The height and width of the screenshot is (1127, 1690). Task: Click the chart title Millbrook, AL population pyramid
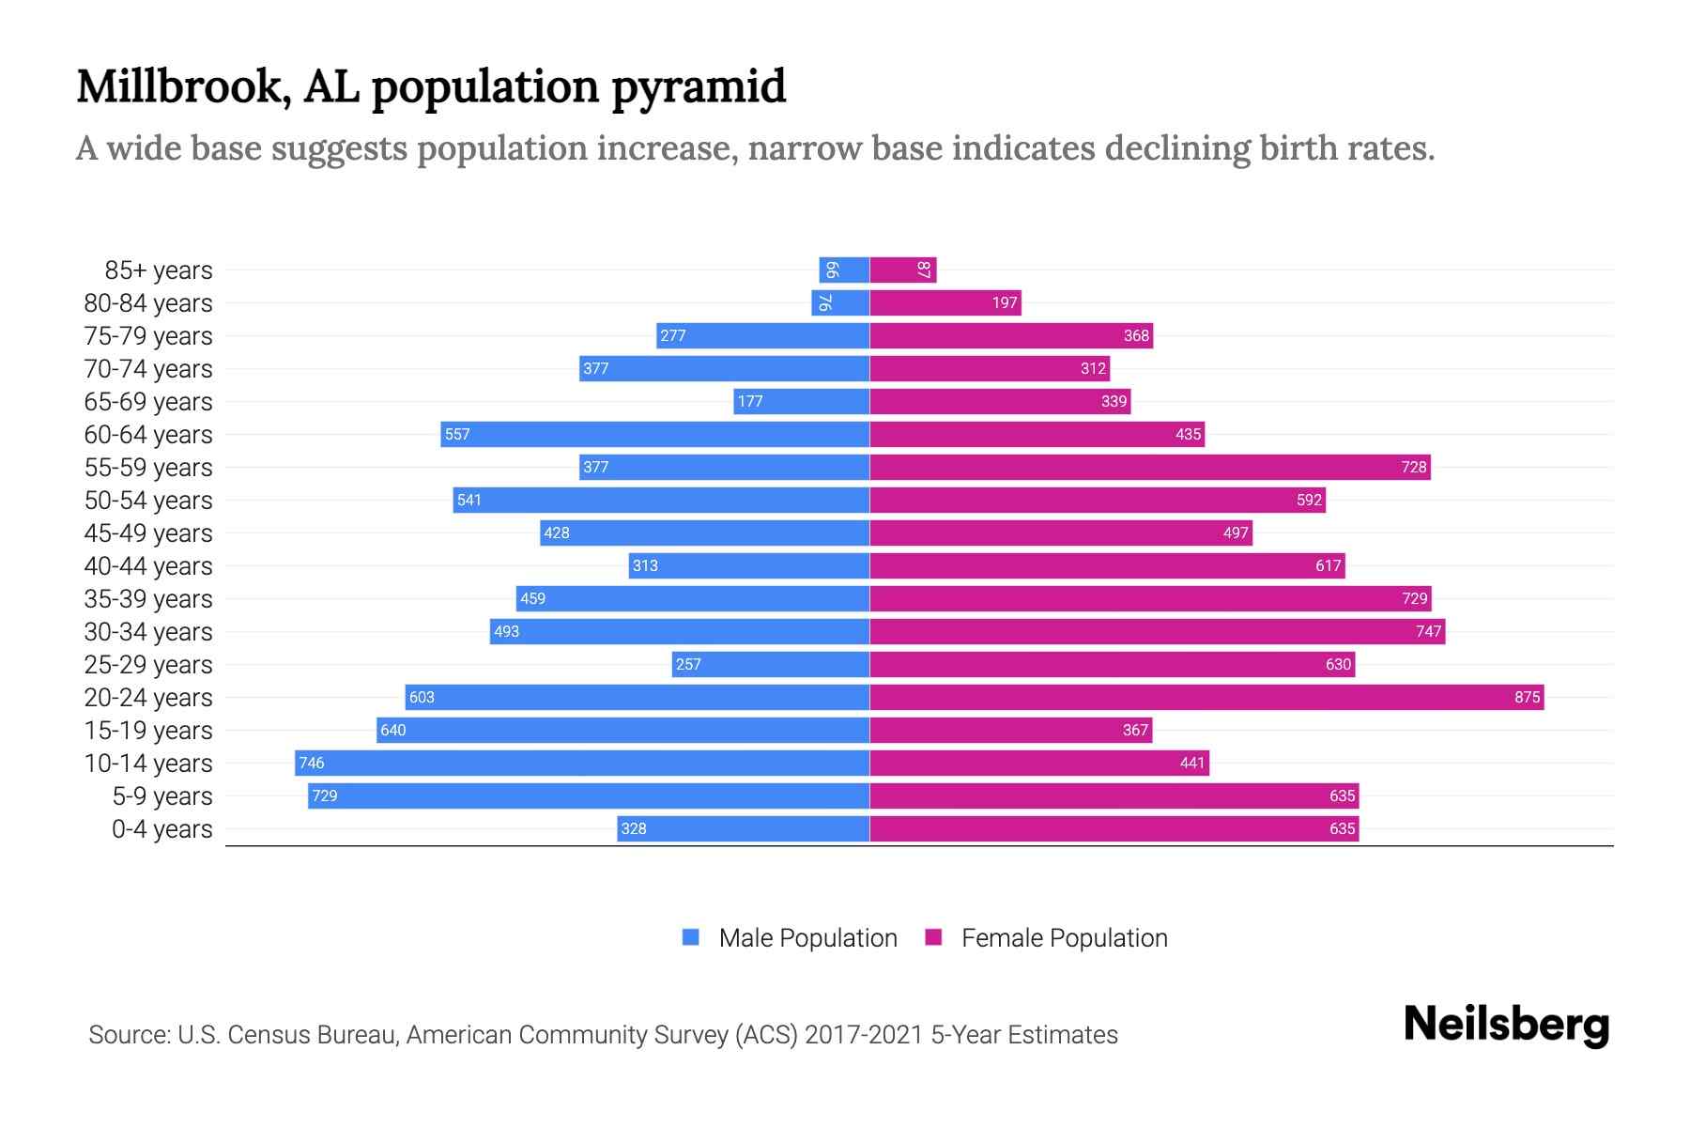coord(431,87)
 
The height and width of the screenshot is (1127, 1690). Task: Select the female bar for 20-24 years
coord(1206,697)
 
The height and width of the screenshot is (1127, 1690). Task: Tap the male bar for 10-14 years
coord(582,763)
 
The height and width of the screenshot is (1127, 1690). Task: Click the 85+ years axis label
coord(158,270)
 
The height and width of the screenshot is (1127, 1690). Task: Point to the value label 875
coord(1527,697)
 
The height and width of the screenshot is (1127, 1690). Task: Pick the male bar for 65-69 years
coord(801,401)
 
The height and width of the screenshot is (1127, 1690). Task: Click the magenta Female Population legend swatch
coord(933,937)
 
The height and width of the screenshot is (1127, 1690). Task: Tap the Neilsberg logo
coord(1506,1025)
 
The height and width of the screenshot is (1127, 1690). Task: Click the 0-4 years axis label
coord(161,829)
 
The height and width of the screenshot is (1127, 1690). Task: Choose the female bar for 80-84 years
coord(945,302)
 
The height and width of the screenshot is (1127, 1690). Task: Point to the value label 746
coord(312,763)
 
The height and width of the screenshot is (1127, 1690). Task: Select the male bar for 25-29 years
coord(770,664)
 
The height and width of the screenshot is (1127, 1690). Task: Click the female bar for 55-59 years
coord(1150,467)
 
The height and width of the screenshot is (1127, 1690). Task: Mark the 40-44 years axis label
coord(148,566)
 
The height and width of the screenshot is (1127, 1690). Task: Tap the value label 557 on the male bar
coord(457,434)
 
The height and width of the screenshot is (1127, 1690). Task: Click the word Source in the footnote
coord(128,1035)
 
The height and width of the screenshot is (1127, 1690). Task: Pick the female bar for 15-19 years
coord(1010,730)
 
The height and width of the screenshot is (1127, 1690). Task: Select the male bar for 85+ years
coord(844,270)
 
